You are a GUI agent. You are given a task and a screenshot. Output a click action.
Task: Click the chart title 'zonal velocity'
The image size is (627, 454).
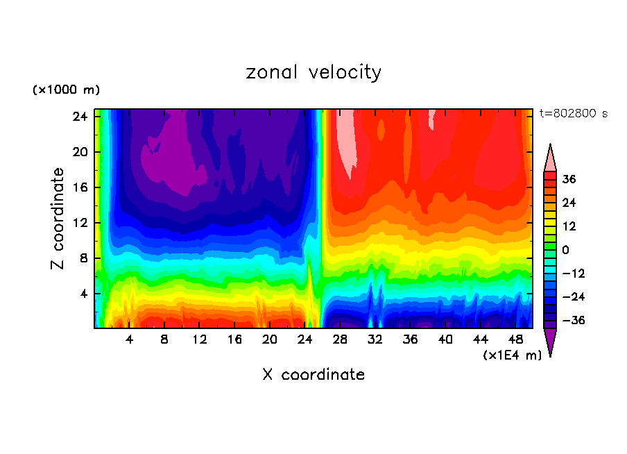[313, 72]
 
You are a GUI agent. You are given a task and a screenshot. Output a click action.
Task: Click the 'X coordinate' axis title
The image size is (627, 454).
[313, 375]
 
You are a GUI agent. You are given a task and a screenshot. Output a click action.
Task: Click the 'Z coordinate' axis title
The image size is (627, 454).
[58, 219]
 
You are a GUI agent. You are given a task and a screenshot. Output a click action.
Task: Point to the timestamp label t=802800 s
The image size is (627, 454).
[573, 113]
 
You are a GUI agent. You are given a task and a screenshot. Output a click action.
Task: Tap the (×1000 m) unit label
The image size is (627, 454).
[66, 90]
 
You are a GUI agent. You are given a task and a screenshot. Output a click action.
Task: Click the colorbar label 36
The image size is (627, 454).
[569, 179]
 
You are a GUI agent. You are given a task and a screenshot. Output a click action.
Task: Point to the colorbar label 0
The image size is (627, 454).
[565, 250]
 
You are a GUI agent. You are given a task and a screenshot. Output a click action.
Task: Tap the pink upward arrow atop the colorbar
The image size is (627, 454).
[550, 158]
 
